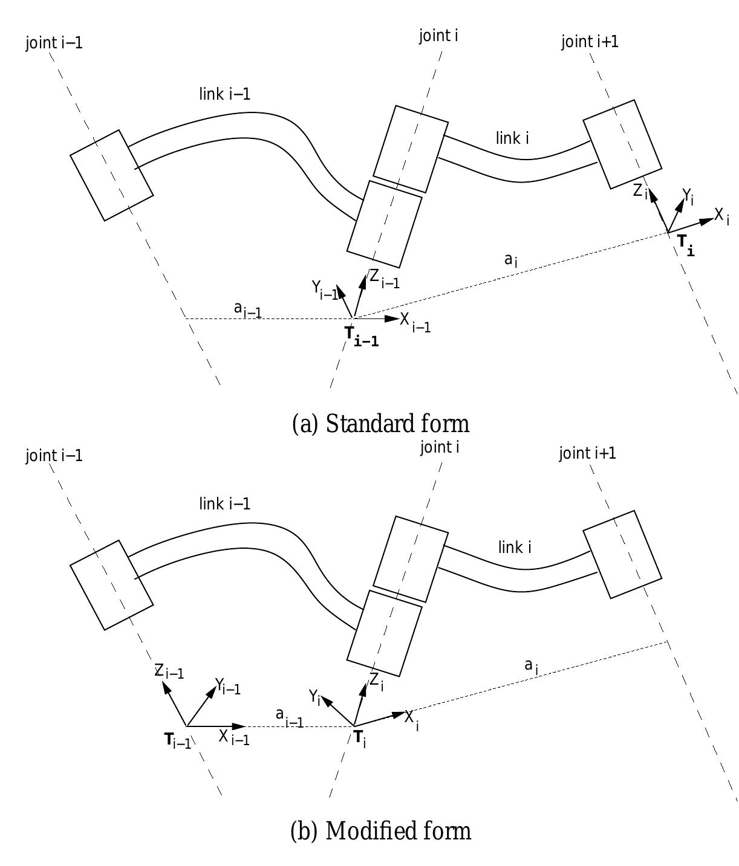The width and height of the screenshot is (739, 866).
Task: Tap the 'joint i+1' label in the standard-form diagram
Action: (590, 42)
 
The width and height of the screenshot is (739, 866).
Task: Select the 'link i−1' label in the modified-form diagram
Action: (225, 504)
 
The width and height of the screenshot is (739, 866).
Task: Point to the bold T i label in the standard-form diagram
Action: (686, 245)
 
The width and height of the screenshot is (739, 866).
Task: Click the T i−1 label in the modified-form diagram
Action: (177, 740)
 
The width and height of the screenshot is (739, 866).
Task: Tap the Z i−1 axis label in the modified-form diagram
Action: (169, 671)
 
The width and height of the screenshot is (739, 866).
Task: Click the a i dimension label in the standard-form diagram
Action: (510, 261)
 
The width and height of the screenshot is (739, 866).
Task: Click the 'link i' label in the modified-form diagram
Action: (515, 547)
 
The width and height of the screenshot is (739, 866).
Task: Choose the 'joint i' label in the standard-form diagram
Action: (438, 36)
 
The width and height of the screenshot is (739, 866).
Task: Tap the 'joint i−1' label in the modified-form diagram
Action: (54, 456)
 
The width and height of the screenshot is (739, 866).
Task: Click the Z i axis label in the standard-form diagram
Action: (640, 192)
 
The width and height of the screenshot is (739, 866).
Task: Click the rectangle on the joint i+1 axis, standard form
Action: (622, 144)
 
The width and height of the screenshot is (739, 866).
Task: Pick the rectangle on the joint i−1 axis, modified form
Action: (111, 585)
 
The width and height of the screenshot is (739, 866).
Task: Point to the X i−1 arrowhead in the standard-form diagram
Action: (392, 319)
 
